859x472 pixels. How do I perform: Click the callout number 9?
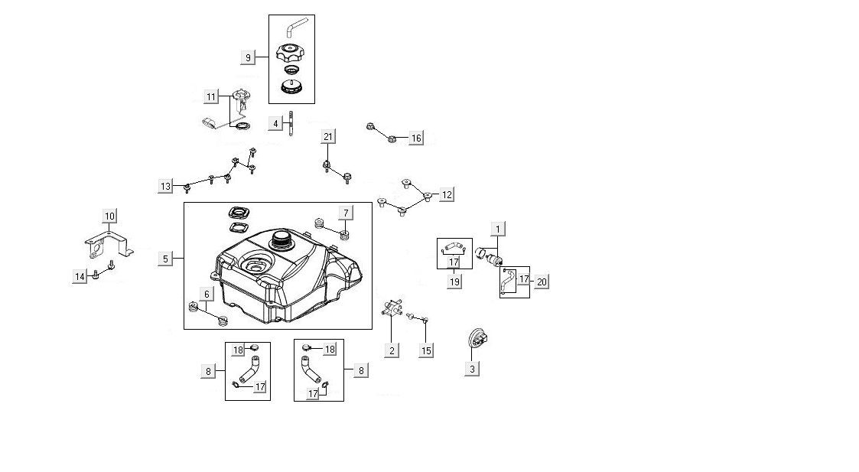pos(248,57)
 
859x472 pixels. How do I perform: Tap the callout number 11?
pos(211,96)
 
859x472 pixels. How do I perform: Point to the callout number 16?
pos(416,138)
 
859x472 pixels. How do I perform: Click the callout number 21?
pos(327,137)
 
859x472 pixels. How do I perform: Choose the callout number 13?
pos(166,186)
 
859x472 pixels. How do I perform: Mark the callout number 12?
pos(447,195)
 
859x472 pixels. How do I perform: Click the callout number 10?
pos(109,216)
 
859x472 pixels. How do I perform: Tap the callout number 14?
pos(80,277)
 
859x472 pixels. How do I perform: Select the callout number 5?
pos(166,259)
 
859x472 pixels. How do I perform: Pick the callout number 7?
pos(346,212)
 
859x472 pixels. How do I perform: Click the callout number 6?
pos(206,295)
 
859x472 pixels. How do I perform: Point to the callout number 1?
pos(498,229)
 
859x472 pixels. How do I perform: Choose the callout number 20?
pos(542,282)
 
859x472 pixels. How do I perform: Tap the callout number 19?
pos(454,282)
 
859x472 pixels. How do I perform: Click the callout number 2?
pos(392,350)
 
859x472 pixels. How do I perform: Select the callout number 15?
pos(427,350)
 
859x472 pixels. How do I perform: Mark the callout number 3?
pos(472,369)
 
